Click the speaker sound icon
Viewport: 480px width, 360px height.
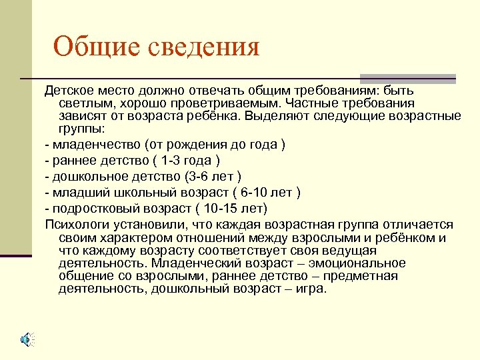pyautogui.click(x=27, y=339)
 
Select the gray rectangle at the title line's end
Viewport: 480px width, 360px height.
pyautogui.click(x=407, y=78)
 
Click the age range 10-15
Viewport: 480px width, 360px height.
pyautogui.click(x=223, y=209)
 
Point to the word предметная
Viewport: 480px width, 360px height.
pyautogui.click(x=363, y=276)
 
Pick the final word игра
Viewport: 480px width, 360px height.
pyautogui.click(x=312, y=289)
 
